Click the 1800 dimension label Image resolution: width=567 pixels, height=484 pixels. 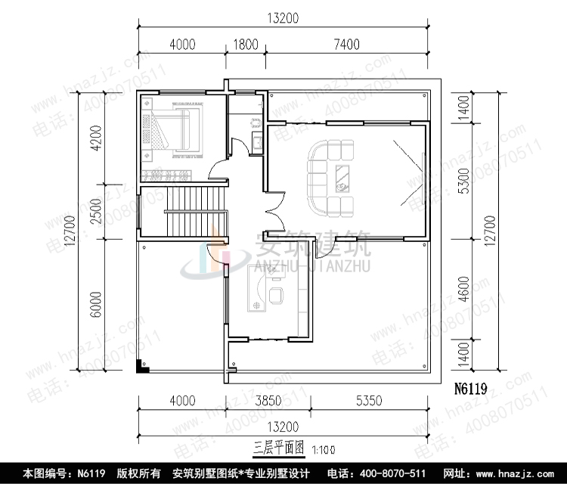click(x=243, y=45)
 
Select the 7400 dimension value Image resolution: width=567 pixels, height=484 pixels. click(x=345, y=45)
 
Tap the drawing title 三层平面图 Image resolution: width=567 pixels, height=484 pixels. click(x=277, y=447)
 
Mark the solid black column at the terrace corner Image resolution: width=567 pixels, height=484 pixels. click(x=141, y=368)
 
